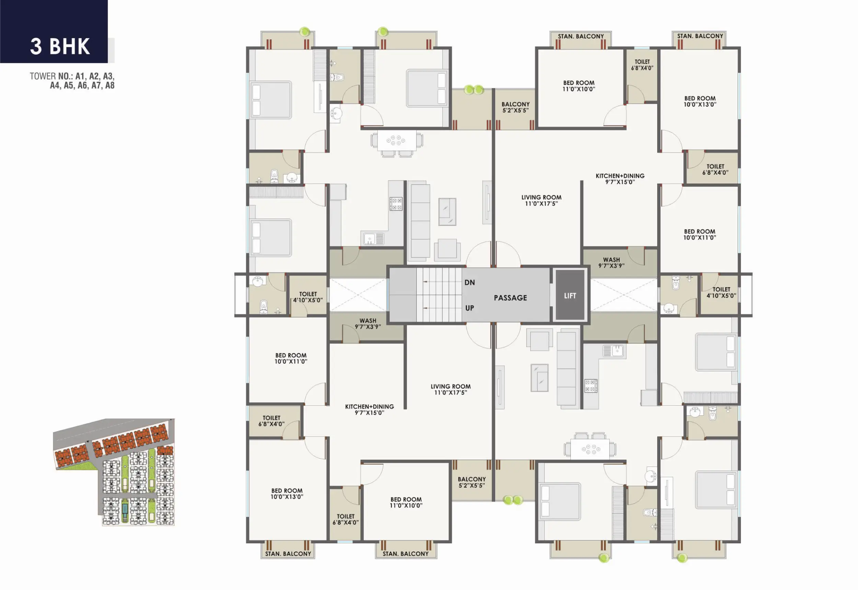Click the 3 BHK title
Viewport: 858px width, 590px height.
tap(60, 47)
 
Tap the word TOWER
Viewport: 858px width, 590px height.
tap(43, 76)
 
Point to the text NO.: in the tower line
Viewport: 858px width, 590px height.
tap(66, 76)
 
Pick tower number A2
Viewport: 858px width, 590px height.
tap(94, 76)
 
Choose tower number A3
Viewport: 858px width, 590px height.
tap(108, 76)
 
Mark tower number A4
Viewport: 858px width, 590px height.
tap(55, 85)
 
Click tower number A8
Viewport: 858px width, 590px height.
tap(110, 85)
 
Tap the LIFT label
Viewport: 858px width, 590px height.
tap(570, 296)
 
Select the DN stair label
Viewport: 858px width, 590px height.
tap(469, 282)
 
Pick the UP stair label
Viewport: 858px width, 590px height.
tap(469, 308)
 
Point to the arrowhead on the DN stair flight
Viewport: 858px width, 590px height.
tap(426, 282)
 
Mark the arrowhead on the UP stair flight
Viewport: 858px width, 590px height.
tap(426, 308)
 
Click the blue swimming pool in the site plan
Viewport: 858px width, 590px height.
tap(125, 509)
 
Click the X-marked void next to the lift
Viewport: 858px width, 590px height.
tap(623, 294)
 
